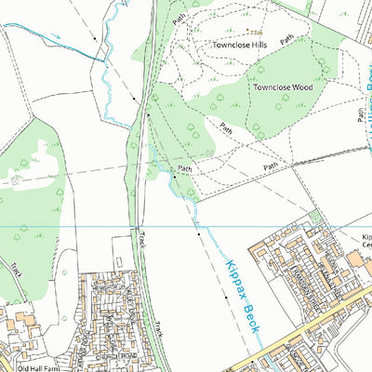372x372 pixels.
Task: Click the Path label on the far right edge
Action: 361,113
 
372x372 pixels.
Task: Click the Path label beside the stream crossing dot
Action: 186,168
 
